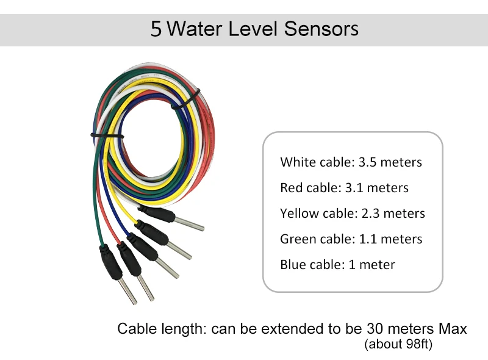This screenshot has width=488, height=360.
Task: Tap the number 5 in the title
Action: click(x=157, y=29)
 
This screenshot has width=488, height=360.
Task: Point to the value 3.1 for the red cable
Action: click(x=356, y=188)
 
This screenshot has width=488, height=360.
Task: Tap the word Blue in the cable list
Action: click(x=292, y=265)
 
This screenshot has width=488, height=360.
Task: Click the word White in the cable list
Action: click(x=297, y=162)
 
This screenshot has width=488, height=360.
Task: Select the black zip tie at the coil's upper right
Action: click(x=186, y=100)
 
